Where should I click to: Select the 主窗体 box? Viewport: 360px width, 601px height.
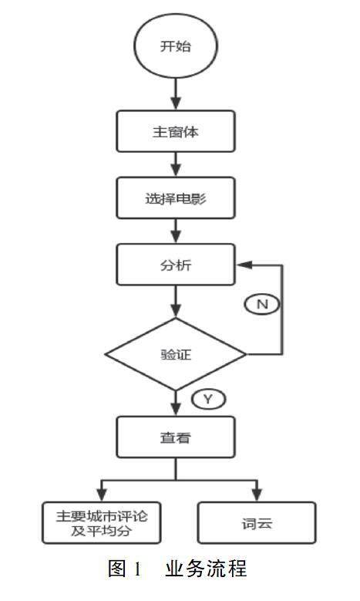176,131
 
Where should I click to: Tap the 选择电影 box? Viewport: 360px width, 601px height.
176,198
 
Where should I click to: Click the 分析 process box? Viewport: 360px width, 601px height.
176,265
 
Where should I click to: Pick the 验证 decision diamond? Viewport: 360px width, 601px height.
176,354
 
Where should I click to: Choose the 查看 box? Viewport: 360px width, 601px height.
176,437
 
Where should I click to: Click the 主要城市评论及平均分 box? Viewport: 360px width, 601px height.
102,523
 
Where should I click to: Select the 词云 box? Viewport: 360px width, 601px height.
257,523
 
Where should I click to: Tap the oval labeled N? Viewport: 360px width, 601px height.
262,304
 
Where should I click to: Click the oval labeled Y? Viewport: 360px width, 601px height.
208,400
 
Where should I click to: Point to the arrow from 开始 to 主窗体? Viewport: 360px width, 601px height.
176,94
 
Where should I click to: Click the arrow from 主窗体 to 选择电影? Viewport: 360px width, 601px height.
176,164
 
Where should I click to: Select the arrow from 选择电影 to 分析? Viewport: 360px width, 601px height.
176,231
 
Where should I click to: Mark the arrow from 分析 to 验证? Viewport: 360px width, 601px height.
176,302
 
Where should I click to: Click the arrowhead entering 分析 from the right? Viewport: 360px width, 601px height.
244,265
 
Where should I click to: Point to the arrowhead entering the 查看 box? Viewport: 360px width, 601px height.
176,409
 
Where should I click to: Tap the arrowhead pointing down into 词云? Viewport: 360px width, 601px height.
257,495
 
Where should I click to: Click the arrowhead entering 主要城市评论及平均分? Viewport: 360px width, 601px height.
102,495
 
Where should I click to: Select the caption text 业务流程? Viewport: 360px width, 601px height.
206,569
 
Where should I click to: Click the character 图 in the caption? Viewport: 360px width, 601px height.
117,569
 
